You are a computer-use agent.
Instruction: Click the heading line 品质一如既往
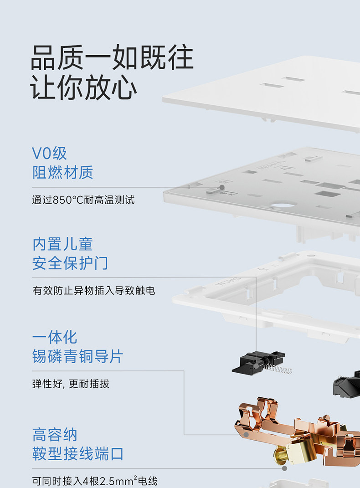tap(112, 57)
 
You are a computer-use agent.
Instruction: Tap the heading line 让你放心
tap(83, 87)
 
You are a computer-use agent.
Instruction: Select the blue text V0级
tap(50, 153)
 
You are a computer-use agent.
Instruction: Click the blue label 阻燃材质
tap(62, 172)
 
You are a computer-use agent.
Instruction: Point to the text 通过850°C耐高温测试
tap(83, 200)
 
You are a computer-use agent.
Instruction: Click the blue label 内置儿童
tap(62, 244)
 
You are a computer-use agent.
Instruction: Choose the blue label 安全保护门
tap(70, 263)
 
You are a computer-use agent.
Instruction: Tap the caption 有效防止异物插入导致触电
tap(94, 291)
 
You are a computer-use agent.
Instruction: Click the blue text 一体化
tap(55, 337)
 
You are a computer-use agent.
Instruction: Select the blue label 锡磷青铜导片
tap(77, 356)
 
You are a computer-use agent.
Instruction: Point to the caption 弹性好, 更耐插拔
tap(71, 384)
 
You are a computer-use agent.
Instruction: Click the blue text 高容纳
tap(55, 435)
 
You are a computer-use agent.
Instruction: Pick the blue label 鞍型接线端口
tap(78, 454)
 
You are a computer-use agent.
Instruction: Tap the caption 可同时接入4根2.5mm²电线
tap(95, 481)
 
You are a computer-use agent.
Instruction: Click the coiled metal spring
tap(278, 370)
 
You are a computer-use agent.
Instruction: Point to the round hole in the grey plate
tap(283, 205)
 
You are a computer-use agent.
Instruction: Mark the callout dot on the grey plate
tap(222, 187)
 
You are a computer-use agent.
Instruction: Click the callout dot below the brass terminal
tap(284, 468)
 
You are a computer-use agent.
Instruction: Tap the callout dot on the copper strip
tap(246, 435)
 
